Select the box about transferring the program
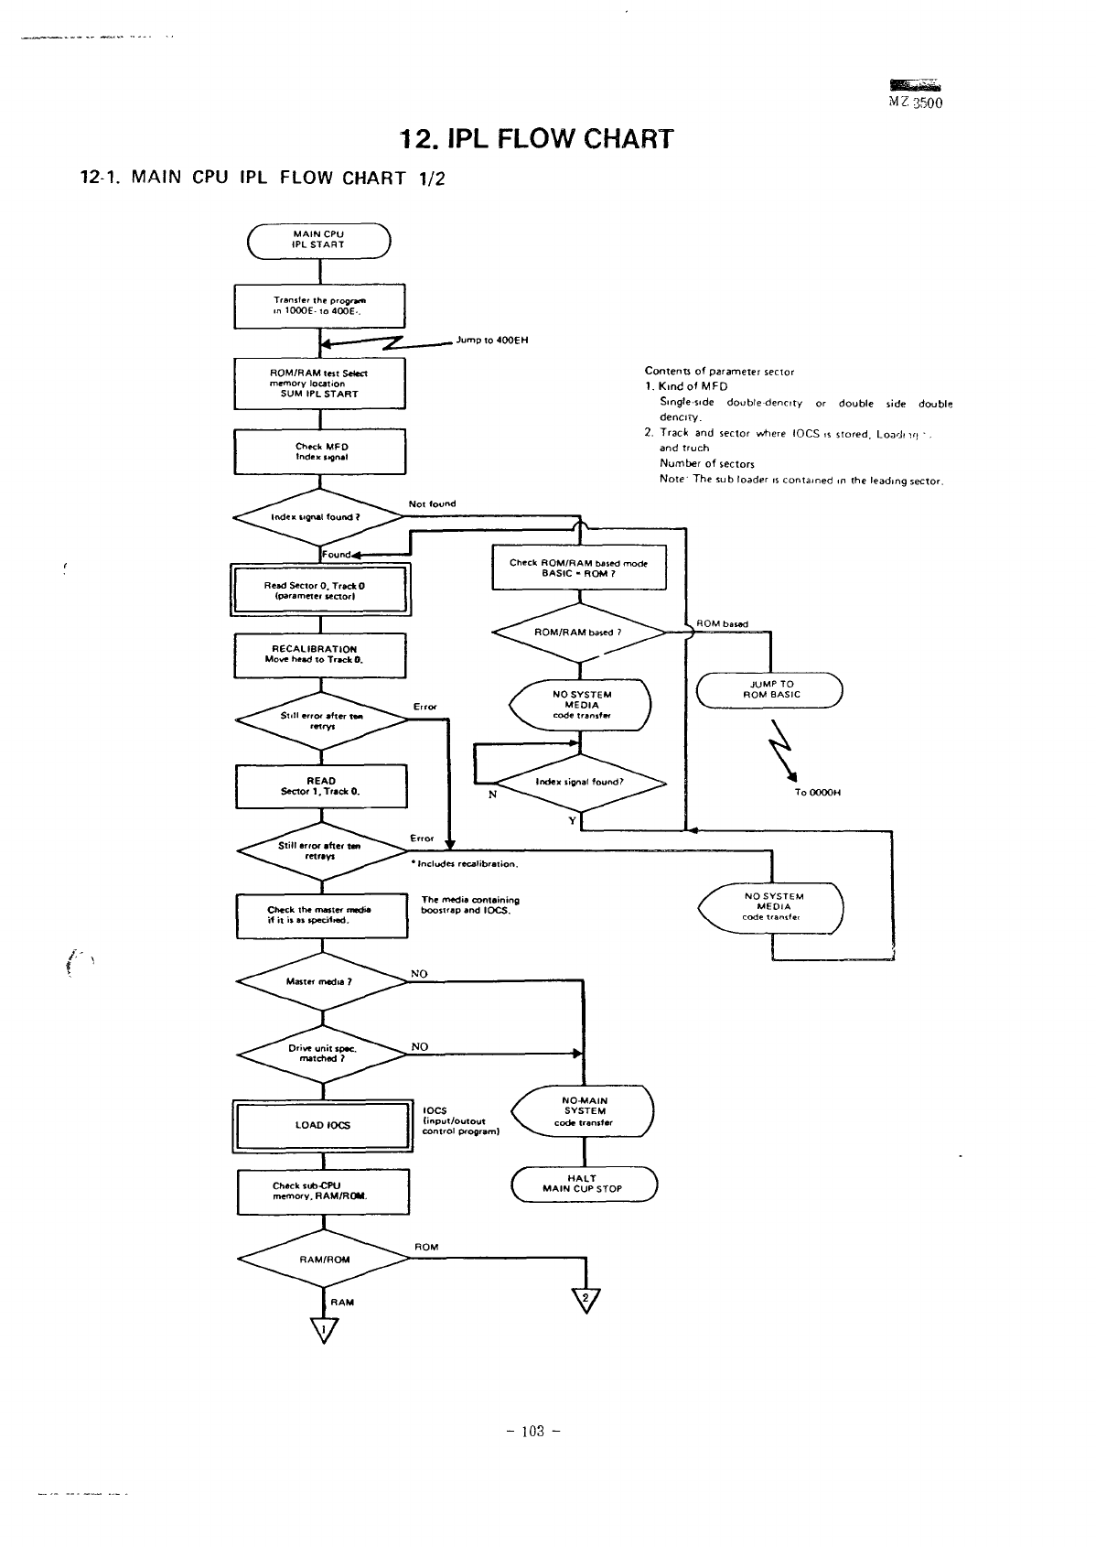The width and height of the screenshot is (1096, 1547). tap(319, 306)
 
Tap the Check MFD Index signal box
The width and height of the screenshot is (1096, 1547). tap(319, 451)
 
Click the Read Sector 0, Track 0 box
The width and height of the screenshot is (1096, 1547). tap(319, 590)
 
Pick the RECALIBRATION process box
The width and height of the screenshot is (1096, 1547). tap(319, 654)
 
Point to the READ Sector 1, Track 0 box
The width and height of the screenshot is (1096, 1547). tap(321, 786)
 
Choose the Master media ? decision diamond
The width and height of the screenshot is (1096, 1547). tap(320, 981)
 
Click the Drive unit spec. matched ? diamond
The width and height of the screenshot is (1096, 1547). tap(320, 1054)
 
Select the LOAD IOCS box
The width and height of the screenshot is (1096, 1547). tap(322, 1125)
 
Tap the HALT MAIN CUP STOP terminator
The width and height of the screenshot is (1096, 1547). tap(584, 1184)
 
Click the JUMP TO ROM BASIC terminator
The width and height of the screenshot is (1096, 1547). tap(769, 689)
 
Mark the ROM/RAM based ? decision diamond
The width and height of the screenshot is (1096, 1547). tap(580, 633)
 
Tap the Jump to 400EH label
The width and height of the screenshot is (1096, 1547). tap(491, 341)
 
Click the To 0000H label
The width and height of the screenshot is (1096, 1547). tap(818, 793)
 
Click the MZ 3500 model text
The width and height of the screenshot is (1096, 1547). tap(915, 103)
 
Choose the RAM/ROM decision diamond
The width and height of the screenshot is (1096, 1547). tap(323, 1260)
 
